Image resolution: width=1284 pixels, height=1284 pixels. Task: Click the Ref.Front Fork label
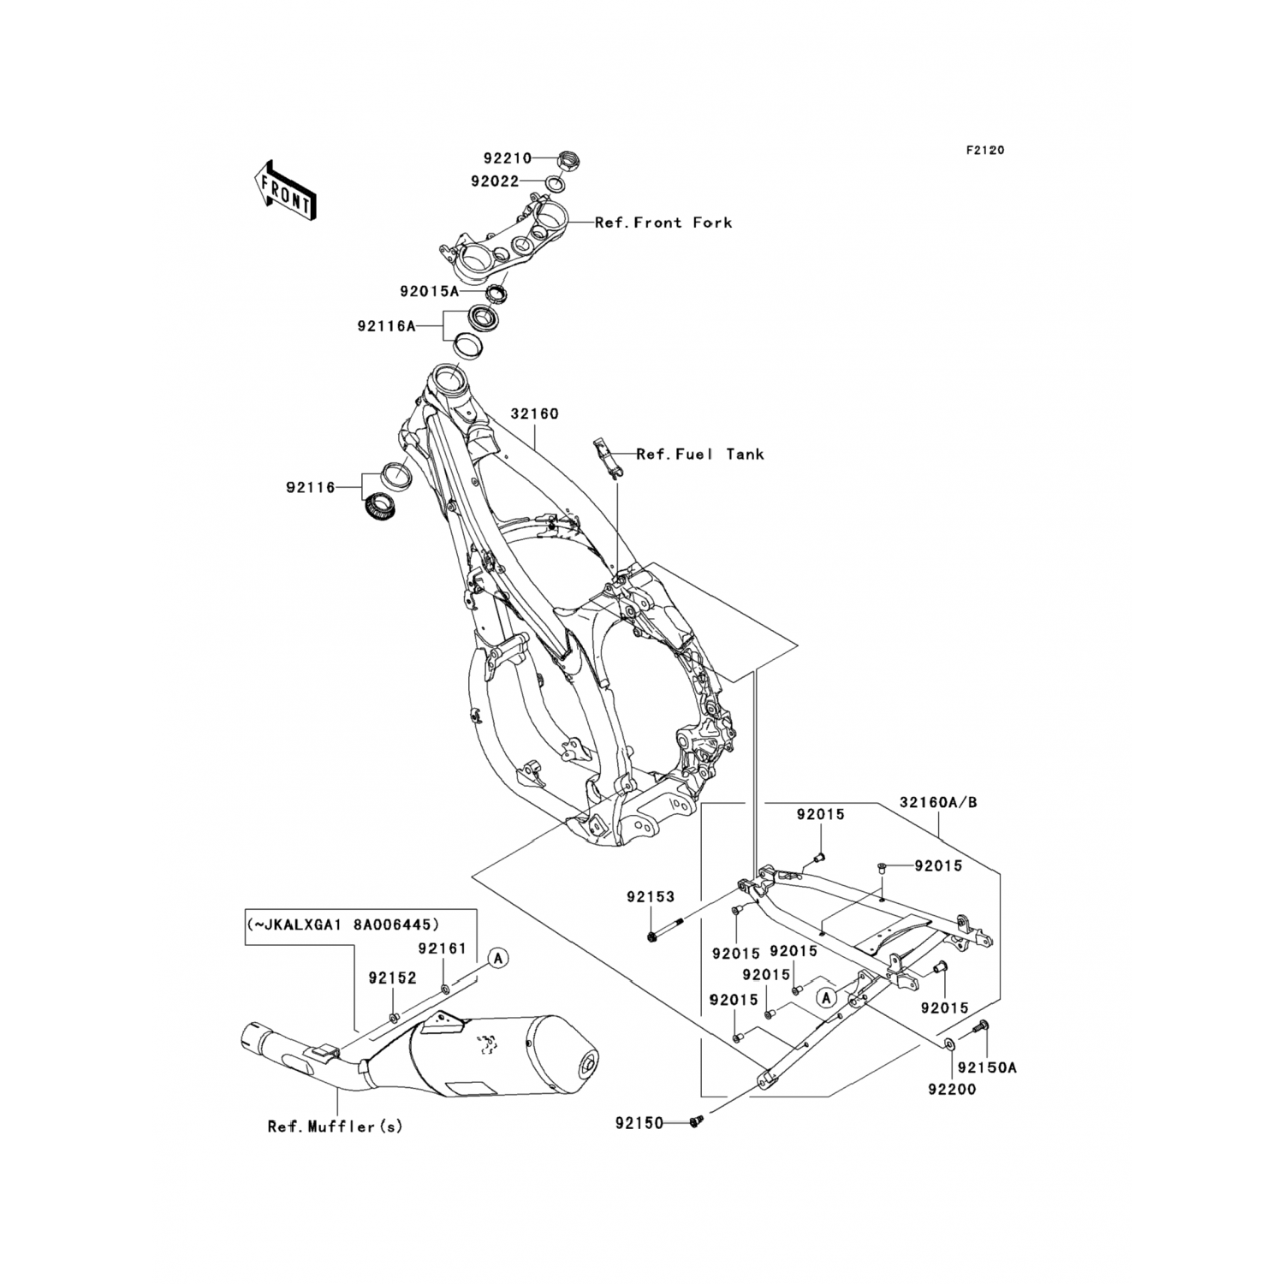tap(663, 223)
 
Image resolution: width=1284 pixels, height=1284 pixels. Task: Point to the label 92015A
tap(429, 291)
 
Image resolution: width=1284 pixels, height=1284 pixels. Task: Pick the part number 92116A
tap(386, 326)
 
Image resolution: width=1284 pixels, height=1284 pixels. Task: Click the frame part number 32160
tap(534, 414)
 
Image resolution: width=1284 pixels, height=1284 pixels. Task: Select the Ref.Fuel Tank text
tap(699, 455)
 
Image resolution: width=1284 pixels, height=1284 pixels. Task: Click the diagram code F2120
tap(985, 151)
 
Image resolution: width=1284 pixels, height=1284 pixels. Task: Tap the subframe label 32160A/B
tap(938, 803)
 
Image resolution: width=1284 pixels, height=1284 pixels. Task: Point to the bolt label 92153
tap(651, 897)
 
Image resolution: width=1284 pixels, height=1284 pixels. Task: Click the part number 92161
tap(443, 948)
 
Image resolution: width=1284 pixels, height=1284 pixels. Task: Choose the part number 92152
tap(393, 978)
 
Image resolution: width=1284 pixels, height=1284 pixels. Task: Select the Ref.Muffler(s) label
tap(335, 1126)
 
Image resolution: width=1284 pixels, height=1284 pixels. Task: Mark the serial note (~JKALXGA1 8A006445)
tap(343, 924)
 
